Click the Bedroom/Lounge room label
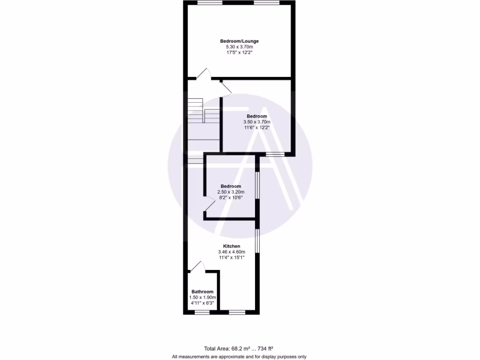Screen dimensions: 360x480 pos(239,41)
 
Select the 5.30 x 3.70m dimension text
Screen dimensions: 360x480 pos(239,47)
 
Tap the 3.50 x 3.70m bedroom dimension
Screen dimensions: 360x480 pos(257,122)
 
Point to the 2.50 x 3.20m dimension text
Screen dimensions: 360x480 pos(231,192)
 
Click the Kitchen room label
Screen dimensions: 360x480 pos(232,246)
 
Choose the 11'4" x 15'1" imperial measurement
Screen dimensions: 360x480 pos(232,257)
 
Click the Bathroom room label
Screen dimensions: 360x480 pos(202,292)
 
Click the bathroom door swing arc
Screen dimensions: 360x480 pos(198,267)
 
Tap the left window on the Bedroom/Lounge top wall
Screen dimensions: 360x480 pos(210,3)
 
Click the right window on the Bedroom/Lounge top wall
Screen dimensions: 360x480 pos(266,3)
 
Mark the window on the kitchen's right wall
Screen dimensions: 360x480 pos(257,240)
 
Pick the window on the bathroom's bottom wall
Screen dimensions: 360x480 pos(202,312)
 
